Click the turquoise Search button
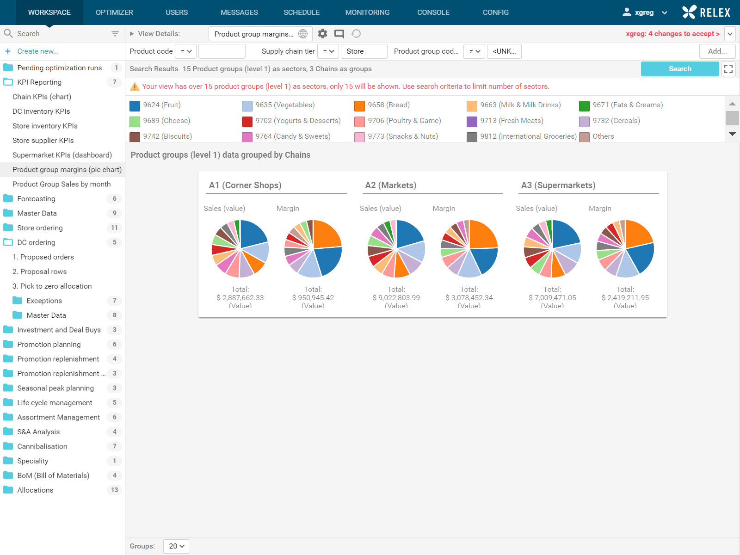point(679,69)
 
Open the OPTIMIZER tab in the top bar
point(114,12)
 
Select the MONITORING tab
point(367,12)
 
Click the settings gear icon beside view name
point(322,34)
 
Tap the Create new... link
point(38,51)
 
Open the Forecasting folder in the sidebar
point(36,199)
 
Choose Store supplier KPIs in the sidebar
point(43,141)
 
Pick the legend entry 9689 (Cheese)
point(166,121)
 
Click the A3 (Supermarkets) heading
point(558,185)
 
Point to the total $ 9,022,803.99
point(396,298)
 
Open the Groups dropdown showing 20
point(176,546)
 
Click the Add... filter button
point(717,51)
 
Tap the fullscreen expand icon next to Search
point(728,69)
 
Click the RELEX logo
point(706,12)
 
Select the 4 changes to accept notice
point(672,34)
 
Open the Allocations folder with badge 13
point(35,490)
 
